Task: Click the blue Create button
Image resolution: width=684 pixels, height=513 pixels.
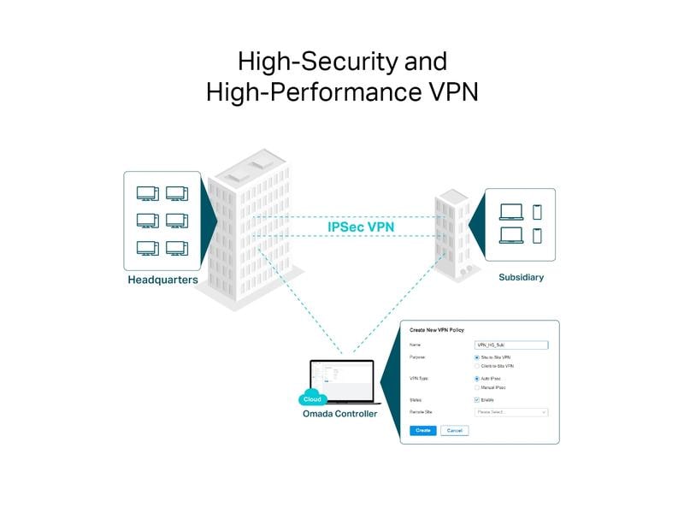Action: coord(422,431)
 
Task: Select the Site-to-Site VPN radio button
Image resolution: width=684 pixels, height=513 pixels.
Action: coord(476,357)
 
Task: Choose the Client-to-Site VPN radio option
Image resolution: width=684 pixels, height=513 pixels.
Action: coord(476,366)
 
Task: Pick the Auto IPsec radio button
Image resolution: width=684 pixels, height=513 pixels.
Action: coord(476,378)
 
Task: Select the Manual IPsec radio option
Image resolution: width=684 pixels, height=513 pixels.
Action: coord(476,387)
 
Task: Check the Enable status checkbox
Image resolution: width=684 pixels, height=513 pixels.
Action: coord(476,399)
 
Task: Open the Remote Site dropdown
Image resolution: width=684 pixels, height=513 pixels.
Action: coord(510,412)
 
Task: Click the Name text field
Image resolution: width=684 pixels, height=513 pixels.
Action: coord(510,344)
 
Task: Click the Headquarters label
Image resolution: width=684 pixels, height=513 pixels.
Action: coord(163,280)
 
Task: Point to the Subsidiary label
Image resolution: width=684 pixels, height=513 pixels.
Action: coord(521,277)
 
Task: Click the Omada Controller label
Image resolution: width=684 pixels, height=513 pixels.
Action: coord(339,414)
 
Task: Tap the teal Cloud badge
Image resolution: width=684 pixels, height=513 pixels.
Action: coord(313,398)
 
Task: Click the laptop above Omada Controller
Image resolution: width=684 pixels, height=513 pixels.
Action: coord(342,380)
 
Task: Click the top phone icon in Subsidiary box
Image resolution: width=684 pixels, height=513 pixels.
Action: coord(537,212)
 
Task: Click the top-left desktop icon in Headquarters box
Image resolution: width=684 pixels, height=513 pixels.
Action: coord(147,194)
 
